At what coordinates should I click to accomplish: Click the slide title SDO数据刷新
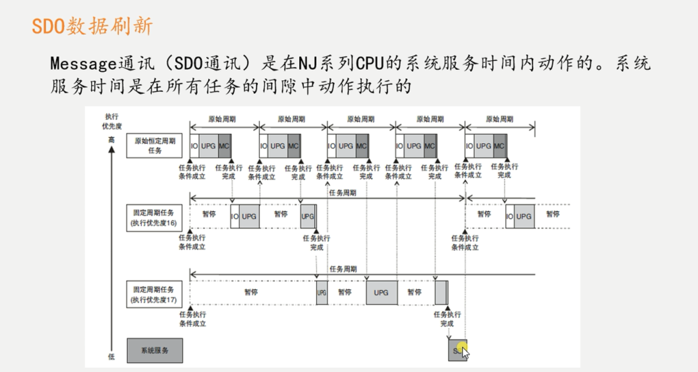tap(92, 26)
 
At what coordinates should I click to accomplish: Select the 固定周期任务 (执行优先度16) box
tap(154, 217)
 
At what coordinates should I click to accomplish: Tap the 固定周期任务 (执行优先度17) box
tap(154, 294)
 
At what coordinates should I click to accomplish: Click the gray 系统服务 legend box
tap(154, 350)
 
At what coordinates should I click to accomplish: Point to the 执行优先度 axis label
tap(111, 121)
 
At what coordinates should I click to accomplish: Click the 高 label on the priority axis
tap(111, 139)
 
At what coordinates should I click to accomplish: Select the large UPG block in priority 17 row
tap(381, 292)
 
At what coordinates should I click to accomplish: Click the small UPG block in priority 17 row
tap(322, 292)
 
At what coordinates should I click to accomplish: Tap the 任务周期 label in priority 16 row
tap(342, 193)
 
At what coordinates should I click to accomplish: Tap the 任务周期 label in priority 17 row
tap(342, 268)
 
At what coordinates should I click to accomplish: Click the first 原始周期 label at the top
tap(222, 120)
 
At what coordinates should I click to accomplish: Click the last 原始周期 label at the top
tap(500, 120)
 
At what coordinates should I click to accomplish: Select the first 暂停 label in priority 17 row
tap(252, 292)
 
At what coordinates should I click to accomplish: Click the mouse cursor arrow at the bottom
tap(464, 353)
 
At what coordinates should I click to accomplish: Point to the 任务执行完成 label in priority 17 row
tap(447, 319)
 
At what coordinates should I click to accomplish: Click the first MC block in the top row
tap(224, 146)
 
